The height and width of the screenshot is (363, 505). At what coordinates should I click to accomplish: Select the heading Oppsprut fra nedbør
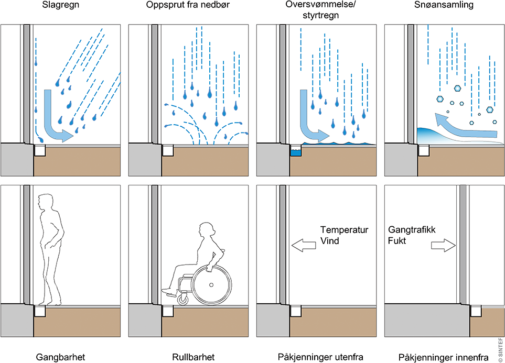[x=187, y=5]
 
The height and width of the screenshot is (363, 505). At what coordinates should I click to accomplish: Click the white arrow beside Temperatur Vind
[x=303, y=244]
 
